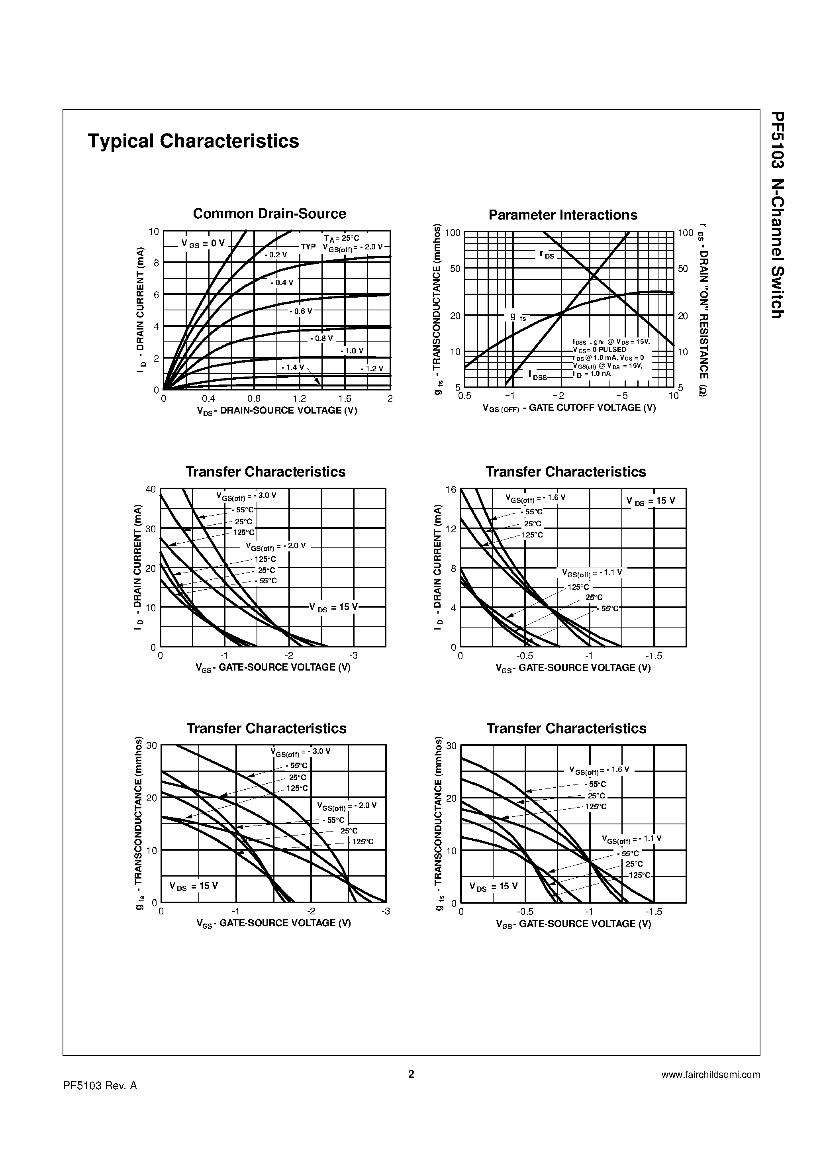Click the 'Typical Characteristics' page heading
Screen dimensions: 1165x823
pyautogui.click(x=193, y=141)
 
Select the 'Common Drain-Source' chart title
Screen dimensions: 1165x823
pyautogui.click(x=269, y=214)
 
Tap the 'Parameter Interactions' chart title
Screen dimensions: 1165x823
pyautogui.click(x=563, y=215)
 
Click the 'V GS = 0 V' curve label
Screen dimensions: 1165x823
pyautogui.click(x=203, y=243)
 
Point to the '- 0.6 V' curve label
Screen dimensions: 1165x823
pyautogui.click(x=301, y=312)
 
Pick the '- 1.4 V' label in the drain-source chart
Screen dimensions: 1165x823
pyautogui.click(x=292, y=367)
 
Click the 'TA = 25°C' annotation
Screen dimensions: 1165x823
pyautogui.click(x=341, y=238)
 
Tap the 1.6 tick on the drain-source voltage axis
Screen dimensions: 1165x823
pyautogui.click(x=345, y=399)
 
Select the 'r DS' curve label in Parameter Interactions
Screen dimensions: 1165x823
pyautogui.click(x=547, y=255)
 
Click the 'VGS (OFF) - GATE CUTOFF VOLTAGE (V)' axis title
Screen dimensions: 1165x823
pyautogui.click(x=569, y=408)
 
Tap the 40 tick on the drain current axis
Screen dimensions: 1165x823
pyautogui.click(x=151, y=489)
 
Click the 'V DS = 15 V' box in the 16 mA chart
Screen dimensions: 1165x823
pyautogui.click(x=651, y=501)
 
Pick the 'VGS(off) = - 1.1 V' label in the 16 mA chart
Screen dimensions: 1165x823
pyautogui.click(x=592, y=573)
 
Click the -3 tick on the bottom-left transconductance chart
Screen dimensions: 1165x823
pyautogui.click(x=386, y=911)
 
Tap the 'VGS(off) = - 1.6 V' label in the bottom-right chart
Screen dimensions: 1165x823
pyautogui.click(x=599, y=770)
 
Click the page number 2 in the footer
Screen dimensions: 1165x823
pyautogui.click(x=411, y=1074)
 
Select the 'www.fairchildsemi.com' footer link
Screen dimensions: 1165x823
pyautogui.click(x=710, y=1074)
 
